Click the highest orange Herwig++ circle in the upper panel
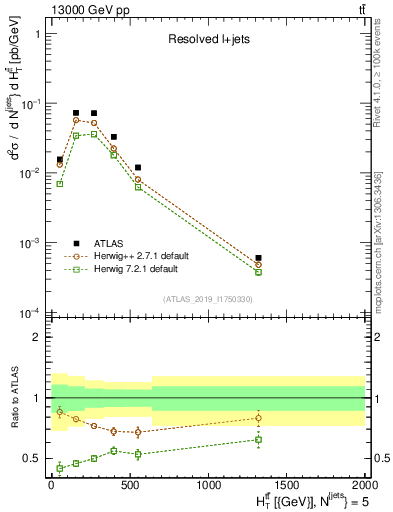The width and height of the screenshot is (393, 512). pyautogui.click(x=76, y=120)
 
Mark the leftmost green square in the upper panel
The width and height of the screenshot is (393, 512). pyautogui.click(x=60, y=184)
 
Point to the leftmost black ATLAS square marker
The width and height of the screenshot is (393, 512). pyautogui.click(x=60, y=159)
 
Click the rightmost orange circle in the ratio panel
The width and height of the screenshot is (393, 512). pyautogui.click(x=258, y=418)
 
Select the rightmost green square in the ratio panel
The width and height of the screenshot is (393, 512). pyautogui.click(x=258, y=439)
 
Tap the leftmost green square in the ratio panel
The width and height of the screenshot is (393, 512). pyautogui.click(x=60, y=467)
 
